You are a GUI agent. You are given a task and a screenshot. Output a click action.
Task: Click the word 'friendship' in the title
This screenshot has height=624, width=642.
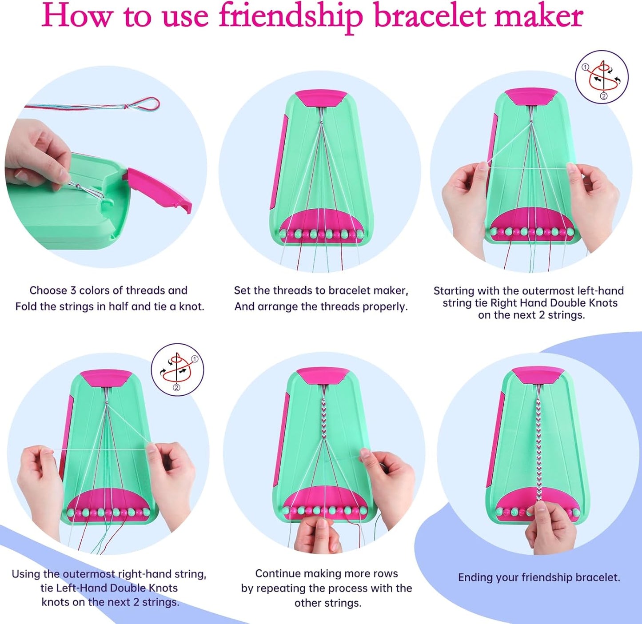coord(291,16)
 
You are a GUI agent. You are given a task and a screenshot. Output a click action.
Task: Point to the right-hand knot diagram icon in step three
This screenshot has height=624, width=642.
coord(602,77)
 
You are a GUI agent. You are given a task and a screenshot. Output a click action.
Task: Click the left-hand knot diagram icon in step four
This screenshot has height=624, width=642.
coord(177,370)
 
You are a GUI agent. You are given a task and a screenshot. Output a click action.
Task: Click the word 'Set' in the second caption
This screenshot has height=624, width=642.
coord(243,290)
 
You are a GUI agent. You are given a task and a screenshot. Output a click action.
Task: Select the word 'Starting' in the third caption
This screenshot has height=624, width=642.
coord(454,291)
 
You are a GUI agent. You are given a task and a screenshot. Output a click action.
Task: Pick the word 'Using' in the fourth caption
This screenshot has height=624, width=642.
coord(26,574)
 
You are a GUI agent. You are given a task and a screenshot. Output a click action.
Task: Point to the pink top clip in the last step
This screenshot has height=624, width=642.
coord(538,376)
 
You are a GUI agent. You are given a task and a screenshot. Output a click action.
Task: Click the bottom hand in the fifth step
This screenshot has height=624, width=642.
coord(318,535)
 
